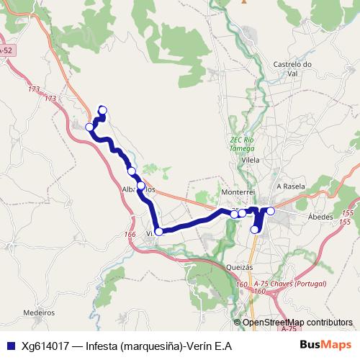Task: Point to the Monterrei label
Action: click(x=239, y=193)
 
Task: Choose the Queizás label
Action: click(x=240, y=266)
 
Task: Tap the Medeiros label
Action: click(x=39, y=313)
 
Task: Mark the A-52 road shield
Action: click(x=6, y=50)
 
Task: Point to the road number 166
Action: click(x=130, y=234)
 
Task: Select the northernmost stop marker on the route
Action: click(x=102, y=110)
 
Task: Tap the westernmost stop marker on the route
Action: click(x=90, y=127)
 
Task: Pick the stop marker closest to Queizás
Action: click(x=254, y=230)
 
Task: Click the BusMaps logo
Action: click(x=326, y=345)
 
